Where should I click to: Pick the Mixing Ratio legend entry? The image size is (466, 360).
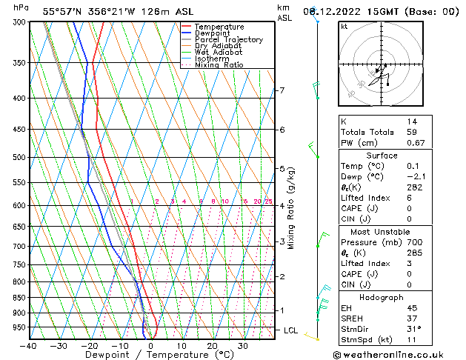[219, 65]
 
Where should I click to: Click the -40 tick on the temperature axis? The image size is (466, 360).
[29, 346]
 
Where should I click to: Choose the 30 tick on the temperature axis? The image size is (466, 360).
[242, 346]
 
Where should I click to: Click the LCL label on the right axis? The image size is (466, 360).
[290, 330]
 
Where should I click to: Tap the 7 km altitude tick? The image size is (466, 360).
[282, 90]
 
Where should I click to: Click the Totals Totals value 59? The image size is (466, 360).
[412, 132]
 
